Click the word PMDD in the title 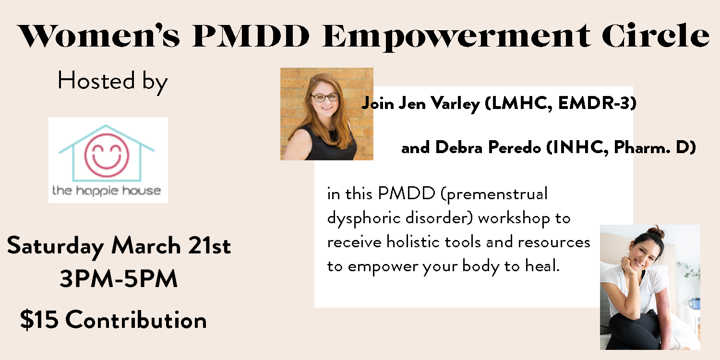tap(251, 36)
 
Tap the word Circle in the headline tap(656, 36)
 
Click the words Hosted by tap(112, 82)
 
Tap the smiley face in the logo tap(107, 156)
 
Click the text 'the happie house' tap(107, 191)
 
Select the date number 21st tap(210, 246)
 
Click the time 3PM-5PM tap(119, 279)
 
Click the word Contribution tap(136, 320)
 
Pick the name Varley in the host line tap(455, 104)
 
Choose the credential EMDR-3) tap(597, 104)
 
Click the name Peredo tap(515, 148)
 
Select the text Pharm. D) tap(655, 148)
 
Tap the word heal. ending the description tap(542, 266)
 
